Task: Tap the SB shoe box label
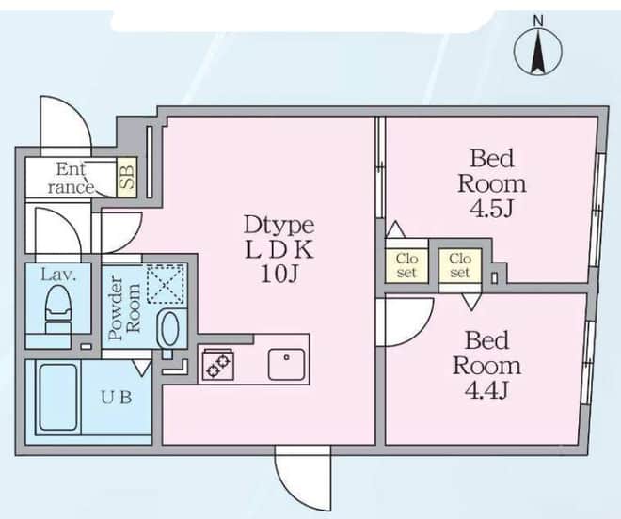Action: tap(127, 177)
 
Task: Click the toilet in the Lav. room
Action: tap(59, 308)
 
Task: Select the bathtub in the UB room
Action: tap(57, 397)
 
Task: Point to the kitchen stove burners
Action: tap(218, 365)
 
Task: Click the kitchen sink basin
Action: tap(286, 364)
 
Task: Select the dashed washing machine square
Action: tap(166, 284)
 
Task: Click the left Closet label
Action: tap(406, 266)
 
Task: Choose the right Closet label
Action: tap(460, 266)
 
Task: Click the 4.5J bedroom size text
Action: tap(491, 210)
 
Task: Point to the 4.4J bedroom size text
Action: tap(486, 391)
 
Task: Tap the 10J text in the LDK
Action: tap(279, 274)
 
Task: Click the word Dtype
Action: tap(279, 226)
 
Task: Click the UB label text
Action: tap(116, 397)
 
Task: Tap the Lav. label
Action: tap(58, 275)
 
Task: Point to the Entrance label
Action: tap(71, 179)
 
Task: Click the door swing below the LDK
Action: tap(302, 479)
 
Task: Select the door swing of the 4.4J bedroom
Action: tap(405, 322)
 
